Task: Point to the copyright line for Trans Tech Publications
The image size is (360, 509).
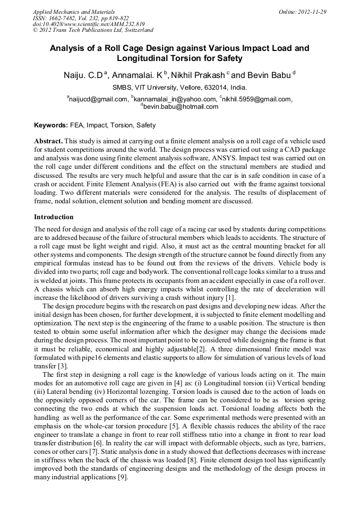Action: pos(93,30)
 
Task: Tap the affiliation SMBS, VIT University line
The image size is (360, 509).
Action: pos(179,88)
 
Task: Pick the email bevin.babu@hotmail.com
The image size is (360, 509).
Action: pos(181,107)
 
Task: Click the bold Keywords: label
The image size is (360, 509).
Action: pos(51,126)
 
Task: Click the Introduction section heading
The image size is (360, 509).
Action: pos(54,217)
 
